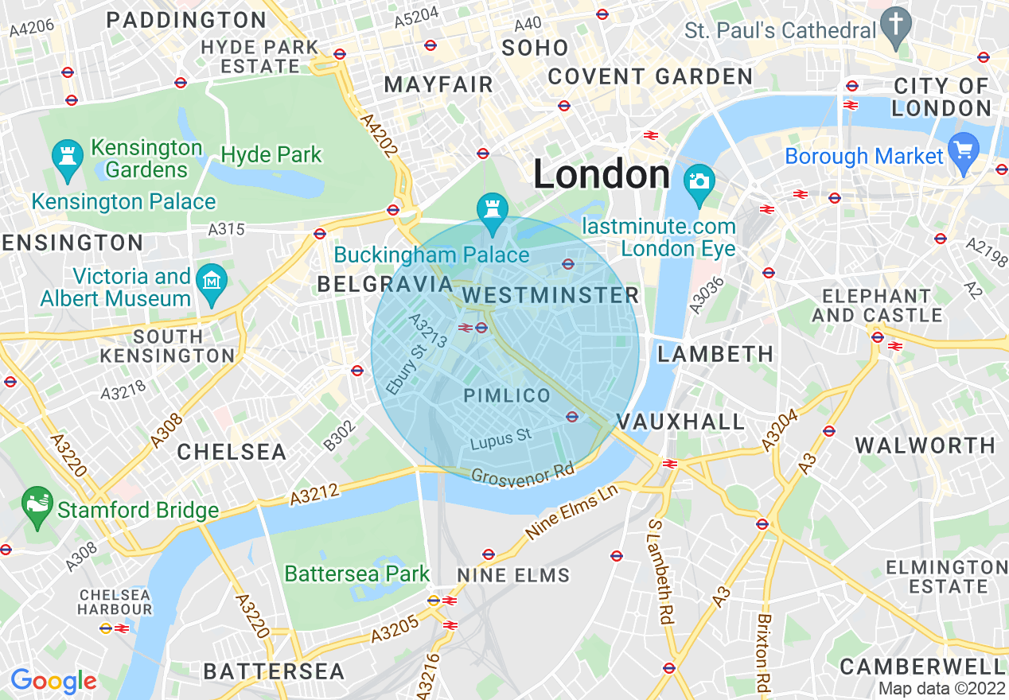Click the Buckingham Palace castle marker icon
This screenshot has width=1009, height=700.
pos(492,209)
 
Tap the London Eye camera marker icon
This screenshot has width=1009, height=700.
pos(699,180)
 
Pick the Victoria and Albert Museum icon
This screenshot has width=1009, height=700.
pos(212,282)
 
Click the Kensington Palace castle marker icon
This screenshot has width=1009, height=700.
pos(66,154)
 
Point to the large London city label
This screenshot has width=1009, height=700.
pos(601,174)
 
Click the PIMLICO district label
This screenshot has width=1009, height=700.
pos(507,395)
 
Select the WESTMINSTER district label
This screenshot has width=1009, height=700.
pos(551,296)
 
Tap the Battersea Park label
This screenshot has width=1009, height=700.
pos(356,574)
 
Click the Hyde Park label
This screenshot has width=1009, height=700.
pos(271,154)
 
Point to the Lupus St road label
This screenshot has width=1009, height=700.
pos(500,439)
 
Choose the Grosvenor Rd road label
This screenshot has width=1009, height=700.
pos(522,472)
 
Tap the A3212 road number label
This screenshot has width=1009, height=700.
pos(315,495)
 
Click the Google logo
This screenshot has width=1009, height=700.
pos(53,681)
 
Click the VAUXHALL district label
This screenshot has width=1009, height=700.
pos(680,422)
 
